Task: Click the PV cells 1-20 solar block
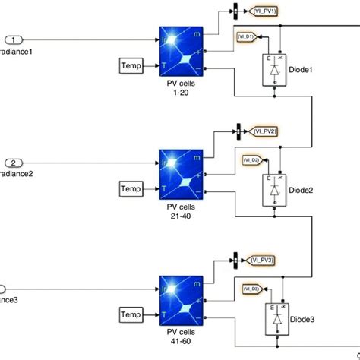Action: [x=182, y=52]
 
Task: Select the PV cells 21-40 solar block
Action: [x=182, y=174]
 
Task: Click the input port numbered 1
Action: [x=16, y=39]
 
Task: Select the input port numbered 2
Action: [x=16, y=162]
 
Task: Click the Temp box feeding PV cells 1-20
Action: [x=132, y=67]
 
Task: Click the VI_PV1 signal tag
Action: [x=264, y=11]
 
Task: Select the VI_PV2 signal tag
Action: [x=264, y=131]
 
